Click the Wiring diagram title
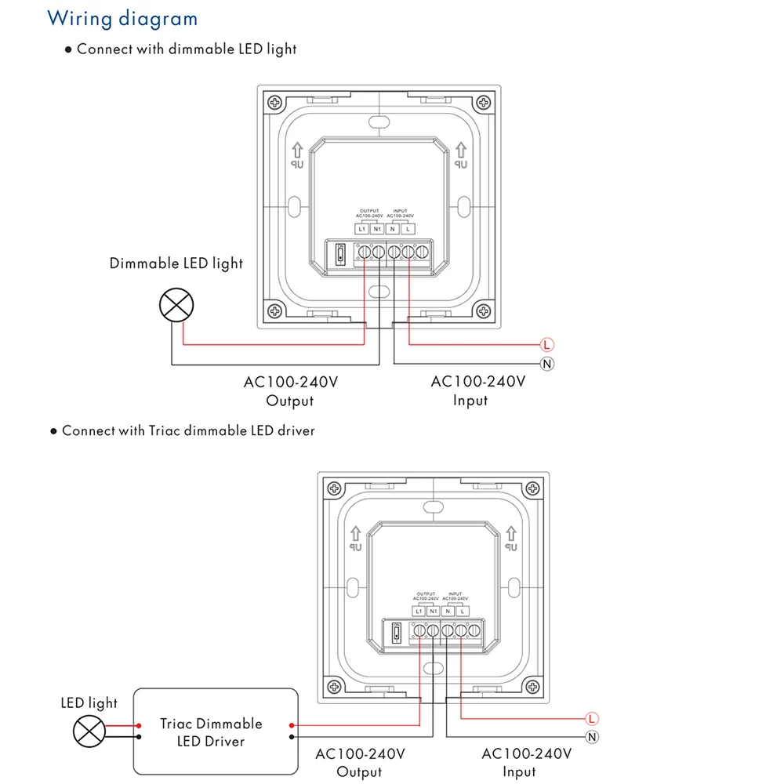(122, 18)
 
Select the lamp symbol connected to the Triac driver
(89, 731)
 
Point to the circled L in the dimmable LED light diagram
(547, 344)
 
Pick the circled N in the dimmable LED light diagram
(547, 363)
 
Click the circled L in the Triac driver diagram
(592, 718)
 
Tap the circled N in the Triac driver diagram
(592, 736)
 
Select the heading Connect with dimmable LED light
(187, 49)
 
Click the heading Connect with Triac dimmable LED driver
(188, 430)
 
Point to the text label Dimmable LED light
(176, 263)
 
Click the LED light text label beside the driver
(89, 702)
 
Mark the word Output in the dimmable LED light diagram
(290, 401)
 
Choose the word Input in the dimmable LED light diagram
(470, 401)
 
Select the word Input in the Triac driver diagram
(519, 771)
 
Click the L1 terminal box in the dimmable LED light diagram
(361, 229)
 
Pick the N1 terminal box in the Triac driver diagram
(433, 611)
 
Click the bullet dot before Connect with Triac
(54, 431)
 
